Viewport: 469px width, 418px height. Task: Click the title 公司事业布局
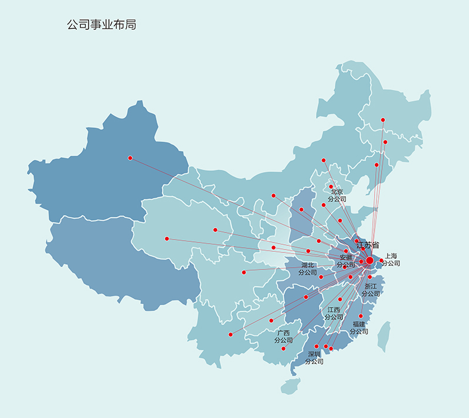tap(101, 25)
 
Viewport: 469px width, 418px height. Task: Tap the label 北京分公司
tap(337, 195)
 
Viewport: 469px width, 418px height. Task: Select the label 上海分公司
tap(390, 259)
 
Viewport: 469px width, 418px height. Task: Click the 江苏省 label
tap(367, 245)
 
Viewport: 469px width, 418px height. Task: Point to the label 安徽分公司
tap(346, 261)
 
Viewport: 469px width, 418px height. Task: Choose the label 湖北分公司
tap(307, 269)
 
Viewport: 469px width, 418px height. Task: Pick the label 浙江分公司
tap(371, 290)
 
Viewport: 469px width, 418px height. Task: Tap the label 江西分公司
tap(334, 313)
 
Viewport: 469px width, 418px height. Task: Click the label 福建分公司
tap(359, 328)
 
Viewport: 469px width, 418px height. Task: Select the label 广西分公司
tap(283, 336)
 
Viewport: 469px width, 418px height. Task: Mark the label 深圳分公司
tap(314, 358)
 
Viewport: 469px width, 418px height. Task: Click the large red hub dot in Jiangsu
tap(369, 260)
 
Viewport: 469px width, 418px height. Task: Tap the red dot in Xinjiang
tap(130, 157)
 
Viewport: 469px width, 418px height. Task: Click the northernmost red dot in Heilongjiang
tap(383, 120)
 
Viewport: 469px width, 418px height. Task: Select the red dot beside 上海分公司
tap(382, 260)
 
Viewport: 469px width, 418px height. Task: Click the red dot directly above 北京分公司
tap(331, 187)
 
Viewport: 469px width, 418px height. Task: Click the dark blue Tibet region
tap(117, 258)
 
